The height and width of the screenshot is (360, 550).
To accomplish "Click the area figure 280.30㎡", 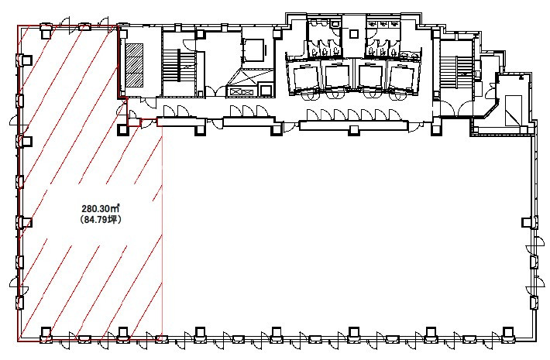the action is point(101,208).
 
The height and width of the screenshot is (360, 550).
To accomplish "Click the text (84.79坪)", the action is point(101,220).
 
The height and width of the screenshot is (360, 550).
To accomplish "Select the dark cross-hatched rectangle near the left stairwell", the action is point(134,65).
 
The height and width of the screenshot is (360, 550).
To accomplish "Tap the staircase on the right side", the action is point(456,71).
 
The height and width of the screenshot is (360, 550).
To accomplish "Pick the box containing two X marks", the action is point(242,92).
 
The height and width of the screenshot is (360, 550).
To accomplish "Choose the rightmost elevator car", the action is point(400,77).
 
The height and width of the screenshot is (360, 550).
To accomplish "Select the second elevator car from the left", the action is point(336,77).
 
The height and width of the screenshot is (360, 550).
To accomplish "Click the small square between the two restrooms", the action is point(354,34).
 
